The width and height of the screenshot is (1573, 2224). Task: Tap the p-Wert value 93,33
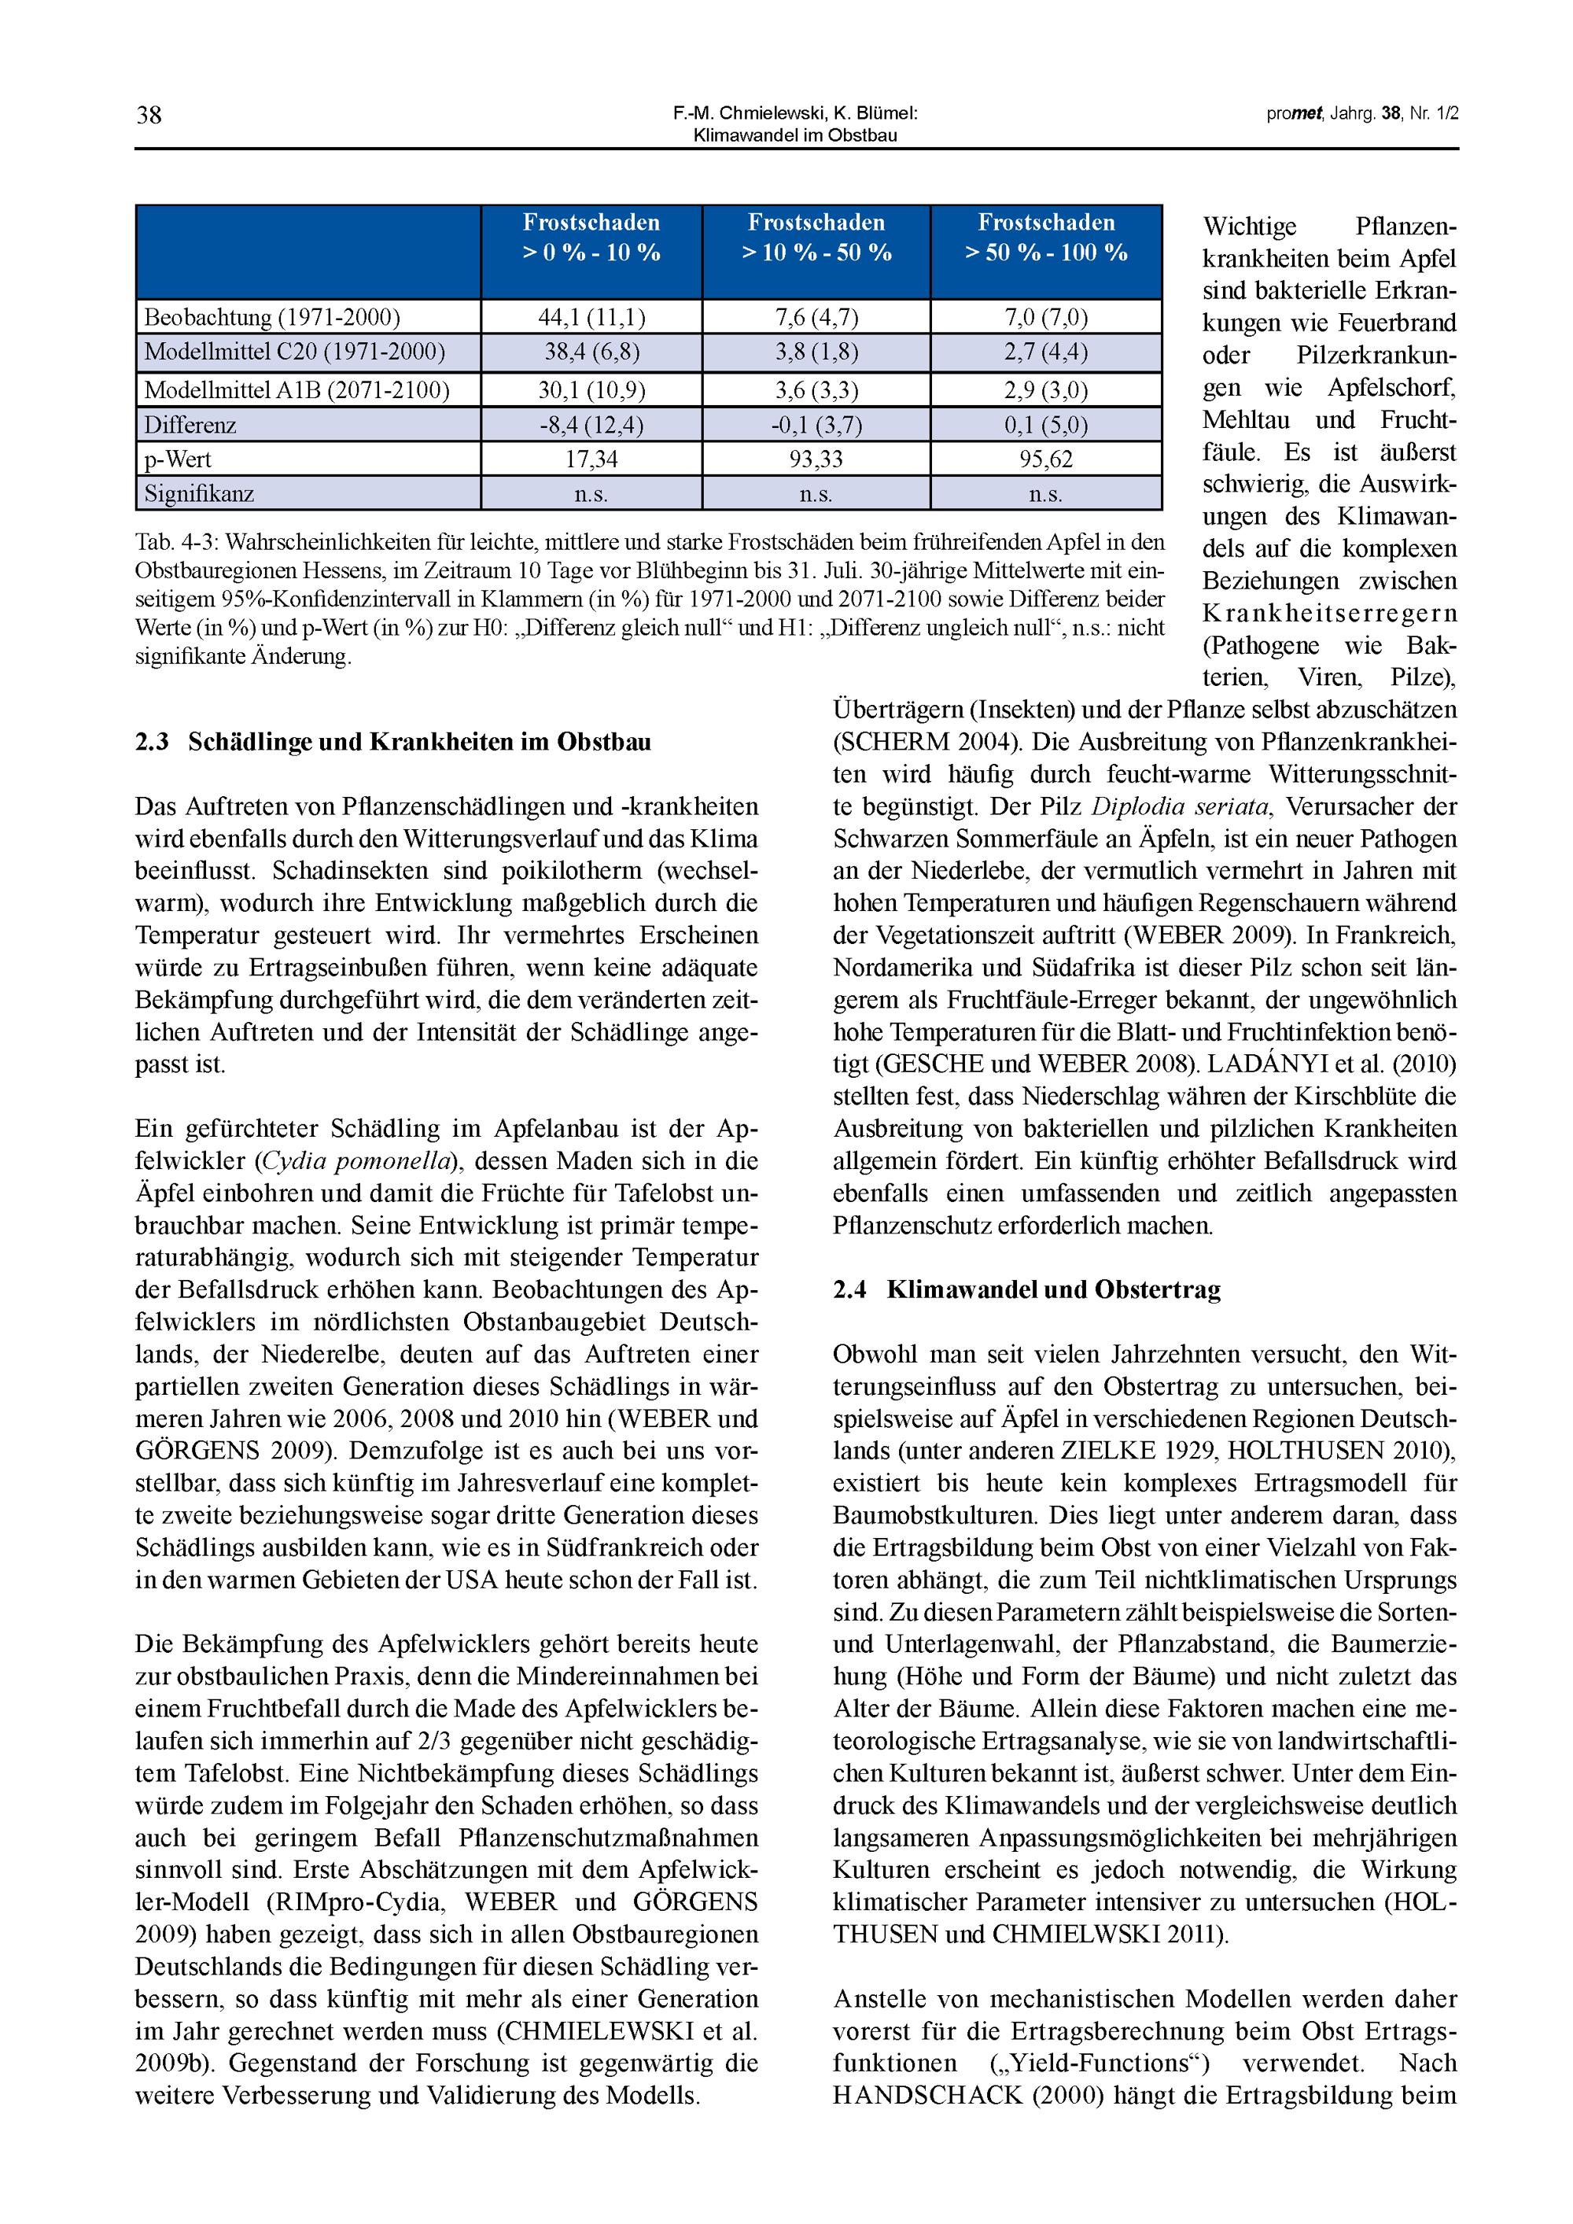(x=816, y=459)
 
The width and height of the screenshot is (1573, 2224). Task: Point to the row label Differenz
(x=190, y=426)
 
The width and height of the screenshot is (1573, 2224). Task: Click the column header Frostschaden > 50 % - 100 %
(x=1046, y=238)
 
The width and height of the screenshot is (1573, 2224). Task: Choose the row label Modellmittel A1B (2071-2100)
(x=297, y=390)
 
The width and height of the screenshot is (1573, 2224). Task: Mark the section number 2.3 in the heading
(x=152, y=742)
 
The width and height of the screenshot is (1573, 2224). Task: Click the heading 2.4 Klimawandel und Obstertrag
(x=1026, y=1289)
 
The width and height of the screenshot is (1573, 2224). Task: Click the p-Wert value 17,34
(x=591, y=459)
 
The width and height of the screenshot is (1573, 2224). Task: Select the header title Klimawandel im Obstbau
(x=795, y=135)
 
